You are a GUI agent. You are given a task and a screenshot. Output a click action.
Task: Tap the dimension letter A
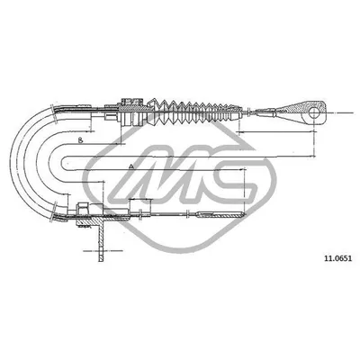(131, 168)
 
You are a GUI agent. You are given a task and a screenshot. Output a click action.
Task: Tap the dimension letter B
(80, 142)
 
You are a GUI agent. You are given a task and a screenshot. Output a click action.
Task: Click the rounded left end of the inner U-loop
(58, 166)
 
